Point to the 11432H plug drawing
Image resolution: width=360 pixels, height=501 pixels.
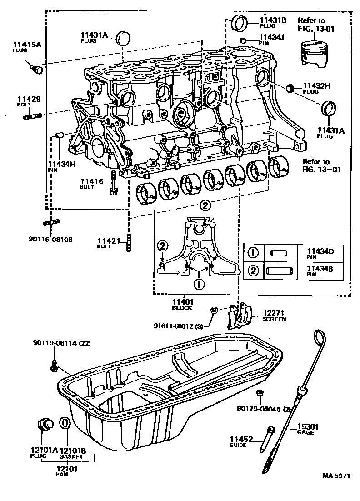(290, 88)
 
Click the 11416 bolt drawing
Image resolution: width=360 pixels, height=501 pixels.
(113, 185)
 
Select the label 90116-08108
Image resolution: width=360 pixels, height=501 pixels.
(50, 239)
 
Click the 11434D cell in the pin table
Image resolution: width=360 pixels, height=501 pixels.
(320, 252)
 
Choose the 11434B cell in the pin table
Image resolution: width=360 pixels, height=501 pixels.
(320, 271)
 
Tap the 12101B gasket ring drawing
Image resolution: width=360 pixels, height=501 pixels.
(65, 422)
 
